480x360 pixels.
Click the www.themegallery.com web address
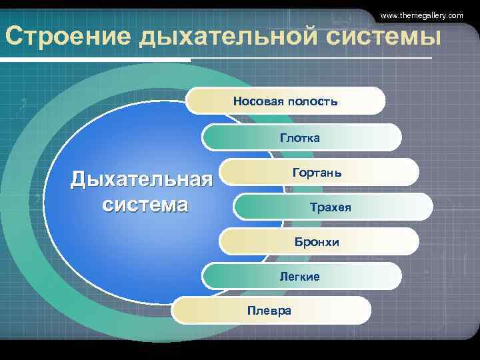(x=421, y=15)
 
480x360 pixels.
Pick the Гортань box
(x=317, y=173)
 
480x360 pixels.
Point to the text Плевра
(x=269, y=311)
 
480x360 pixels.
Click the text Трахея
(x=331, y=208)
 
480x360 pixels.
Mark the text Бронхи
(x=317, y=242)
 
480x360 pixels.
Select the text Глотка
(x=300, y=137)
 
